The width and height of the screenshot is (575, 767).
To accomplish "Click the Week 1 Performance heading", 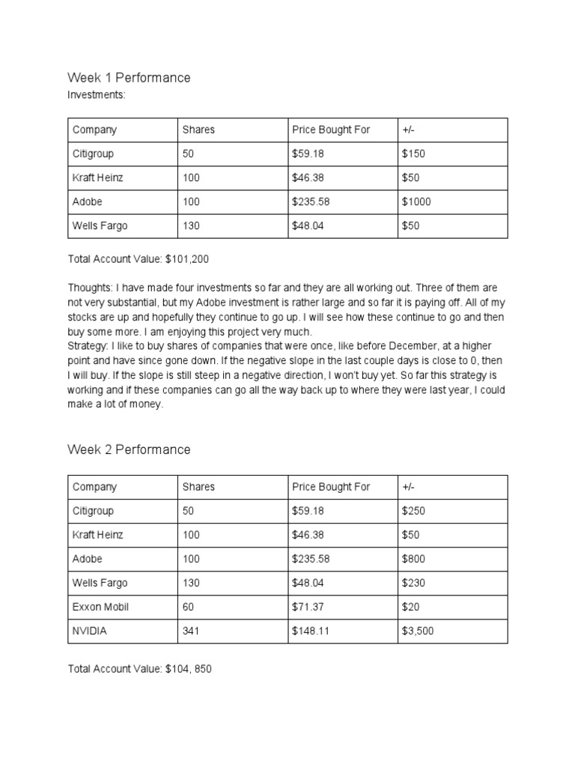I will click(x=129, y=78).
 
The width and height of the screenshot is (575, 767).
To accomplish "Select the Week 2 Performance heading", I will click(x=129, y=450).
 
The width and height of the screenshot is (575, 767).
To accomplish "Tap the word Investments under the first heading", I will click(x=94, y=95).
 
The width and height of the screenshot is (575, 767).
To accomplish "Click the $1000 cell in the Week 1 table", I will click(x=416, y=201).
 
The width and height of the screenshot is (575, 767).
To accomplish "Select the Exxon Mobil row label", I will click(x=100, y=607).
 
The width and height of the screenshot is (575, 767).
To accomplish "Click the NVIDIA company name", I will click(x=89, y=631).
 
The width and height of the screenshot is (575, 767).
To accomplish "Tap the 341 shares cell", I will click(x=191, y=631).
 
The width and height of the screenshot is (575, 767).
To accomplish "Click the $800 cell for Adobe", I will click(x=413, y=559).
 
